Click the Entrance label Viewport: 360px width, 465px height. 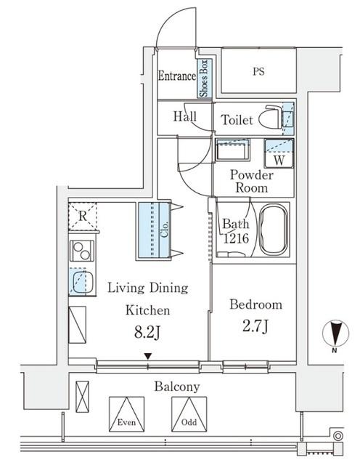pos(177,76)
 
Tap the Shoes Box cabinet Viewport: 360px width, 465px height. pos(205,78)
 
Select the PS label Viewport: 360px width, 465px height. pos(258,71)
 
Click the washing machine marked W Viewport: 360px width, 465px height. pos(279,153)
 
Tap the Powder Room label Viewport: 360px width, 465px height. pos(252,181)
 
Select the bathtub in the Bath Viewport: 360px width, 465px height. pos(273,229)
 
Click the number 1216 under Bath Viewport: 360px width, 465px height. pos(236,238)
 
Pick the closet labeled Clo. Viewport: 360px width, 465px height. pos(153,230)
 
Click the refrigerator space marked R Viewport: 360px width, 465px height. pos(83,216)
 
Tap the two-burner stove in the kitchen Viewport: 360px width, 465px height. pos(82,251)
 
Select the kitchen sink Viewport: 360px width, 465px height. pos(82,282)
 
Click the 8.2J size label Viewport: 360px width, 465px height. pos(147,333)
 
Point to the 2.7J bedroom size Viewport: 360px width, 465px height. pos(255,326)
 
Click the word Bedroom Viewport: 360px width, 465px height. pos(255,304)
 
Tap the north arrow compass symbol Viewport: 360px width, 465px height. pos(335,333)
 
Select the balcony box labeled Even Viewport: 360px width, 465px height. pos(127,414)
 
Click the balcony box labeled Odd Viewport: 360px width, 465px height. pos(189,414)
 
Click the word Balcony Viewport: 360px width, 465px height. pos(177,387)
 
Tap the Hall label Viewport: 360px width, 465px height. pos(185,116)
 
